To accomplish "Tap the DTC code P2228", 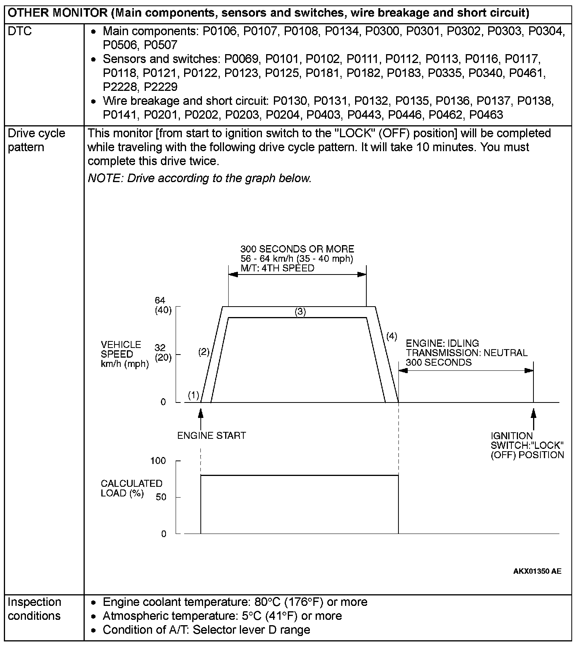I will [119, 87].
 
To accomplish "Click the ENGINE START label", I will [211, 435].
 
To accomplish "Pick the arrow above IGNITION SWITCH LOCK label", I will [533, 418].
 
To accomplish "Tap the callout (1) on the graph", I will [193, 395].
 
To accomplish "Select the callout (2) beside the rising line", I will [204, 352].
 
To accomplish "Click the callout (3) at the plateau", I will [300, 312].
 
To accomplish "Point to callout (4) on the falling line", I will [391, 336].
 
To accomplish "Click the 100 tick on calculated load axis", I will [158, 460].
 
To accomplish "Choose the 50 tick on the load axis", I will [161, 497].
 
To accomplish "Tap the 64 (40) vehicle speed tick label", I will [162, 305].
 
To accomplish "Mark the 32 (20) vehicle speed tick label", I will [162, 353].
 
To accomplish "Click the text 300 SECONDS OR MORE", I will [297, 249].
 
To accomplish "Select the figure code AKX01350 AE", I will [537, 571].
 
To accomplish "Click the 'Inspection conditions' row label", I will [34, 609].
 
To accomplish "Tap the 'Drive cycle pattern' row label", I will [36, 140].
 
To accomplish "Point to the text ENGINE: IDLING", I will [442, 343].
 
